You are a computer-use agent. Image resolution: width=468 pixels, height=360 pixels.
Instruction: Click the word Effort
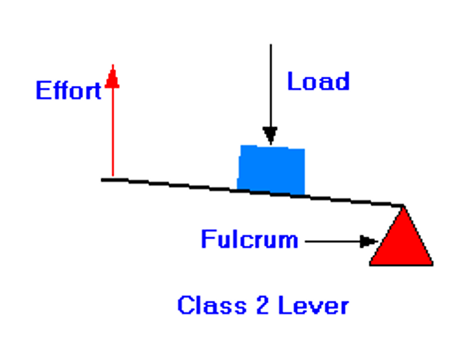(68, 90)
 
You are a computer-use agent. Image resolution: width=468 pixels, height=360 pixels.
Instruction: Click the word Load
(318, 82)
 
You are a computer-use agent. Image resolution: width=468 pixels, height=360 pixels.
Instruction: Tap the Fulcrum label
(249, 239)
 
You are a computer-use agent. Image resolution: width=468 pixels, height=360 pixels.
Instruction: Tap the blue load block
(272, 169)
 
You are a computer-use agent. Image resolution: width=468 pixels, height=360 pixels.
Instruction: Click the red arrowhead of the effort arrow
(113, 76)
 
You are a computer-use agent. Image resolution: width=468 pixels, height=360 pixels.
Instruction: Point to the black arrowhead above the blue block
(270, 135)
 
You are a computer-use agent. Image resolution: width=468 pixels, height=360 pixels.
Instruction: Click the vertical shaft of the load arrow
(270, 84)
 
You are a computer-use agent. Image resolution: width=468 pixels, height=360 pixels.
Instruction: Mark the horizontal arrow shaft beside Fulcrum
(332, 241)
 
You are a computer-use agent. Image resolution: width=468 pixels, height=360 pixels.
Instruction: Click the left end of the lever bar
(105, 179)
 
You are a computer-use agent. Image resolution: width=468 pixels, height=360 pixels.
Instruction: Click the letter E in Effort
(43, 90)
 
